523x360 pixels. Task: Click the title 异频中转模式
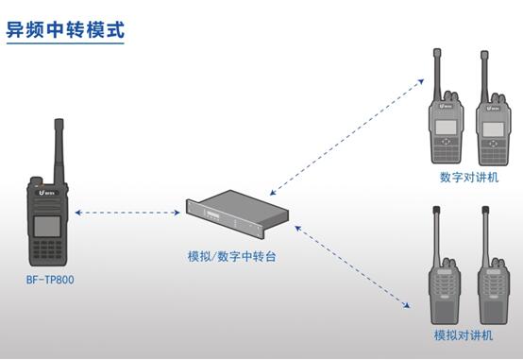[x=65, y=27]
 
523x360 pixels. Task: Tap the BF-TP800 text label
[x=49, y=280]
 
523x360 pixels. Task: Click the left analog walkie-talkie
[x=443, y=288]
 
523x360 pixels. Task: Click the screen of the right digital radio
[x=493, y=128]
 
